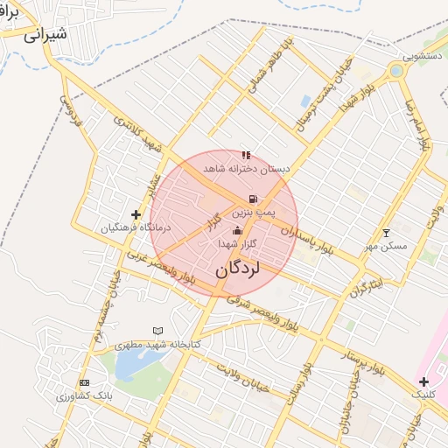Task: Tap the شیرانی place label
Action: pyautogui.click(x=44, y=36)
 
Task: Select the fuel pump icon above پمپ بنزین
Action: pyautogui.click(x=253, y=199)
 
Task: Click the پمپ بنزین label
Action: pyautogui.click(x=254, y=213)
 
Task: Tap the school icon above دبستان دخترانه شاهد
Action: pyautogui.click(x=246, y=155)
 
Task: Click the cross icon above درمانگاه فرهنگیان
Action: pyautogui.click(x=136, y=214)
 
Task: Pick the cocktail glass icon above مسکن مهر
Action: pyautogui.click(x=387, y=233)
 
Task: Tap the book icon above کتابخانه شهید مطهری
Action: pyautogui.click(x=157, y=331)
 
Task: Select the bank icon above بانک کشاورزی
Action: pyautogui.click(x=84, y=383)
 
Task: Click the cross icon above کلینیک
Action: pyautogui.click(x=423, y=381)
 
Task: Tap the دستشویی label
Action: pyautogui.click(x=409, y=54)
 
